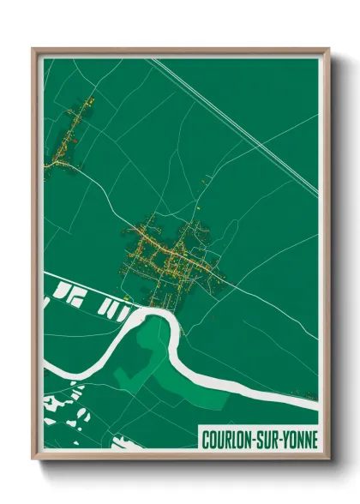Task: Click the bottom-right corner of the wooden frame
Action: coord(328,459)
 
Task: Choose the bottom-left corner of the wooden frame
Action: coord(33,459)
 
